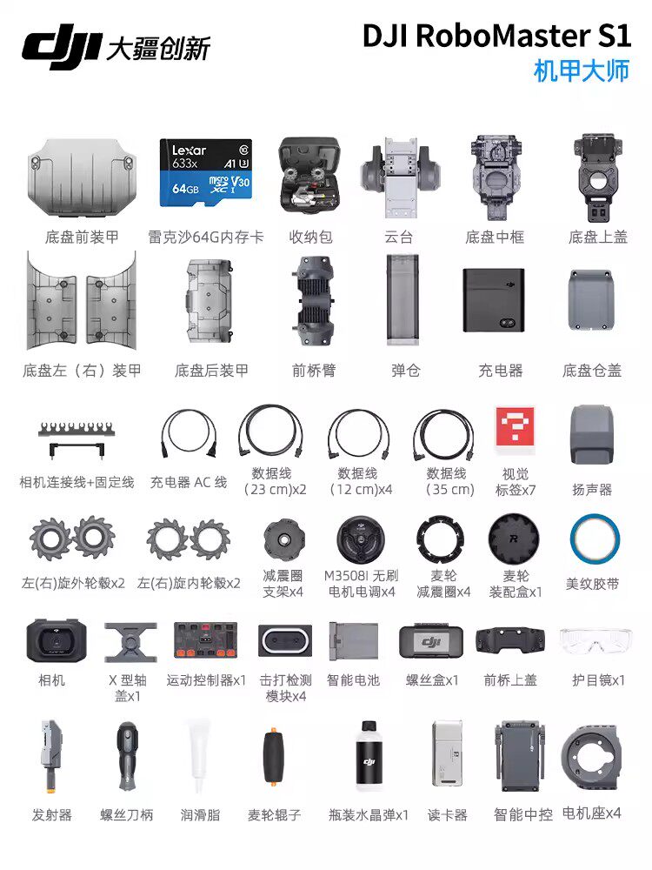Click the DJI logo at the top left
(x=61, y=49)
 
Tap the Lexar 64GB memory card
(x=206, y=172)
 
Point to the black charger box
(x=494, y=300)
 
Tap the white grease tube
(x=199, y=756)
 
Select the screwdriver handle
(x=128, y=758)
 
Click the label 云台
(x=399, y=238)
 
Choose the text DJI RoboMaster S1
(x=496, y=36)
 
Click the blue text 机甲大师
(x=582, y=71)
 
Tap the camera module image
(x=56, y=640)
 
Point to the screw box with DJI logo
(x=431, y=642)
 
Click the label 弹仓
(x=405, y=370)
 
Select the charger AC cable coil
(x=189, y=434)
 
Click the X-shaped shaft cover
(x=130, y=643)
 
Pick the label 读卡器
(x=448, y=815)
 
